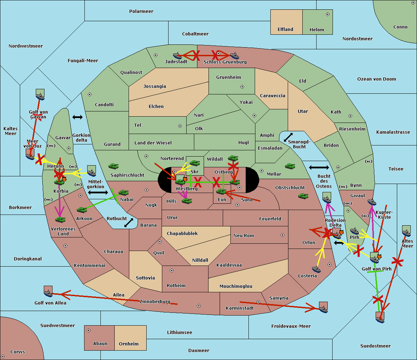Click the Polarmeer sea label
tap(141, 11)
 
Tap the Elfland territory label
tap(285, 30)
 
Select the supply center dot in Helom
tap(327, 14)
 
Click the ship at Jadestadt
tap(178, 56)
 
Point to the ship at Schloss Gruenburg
tap(235, 56)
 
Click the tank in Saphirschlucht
tap(114, 167)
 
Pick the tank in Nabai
tap(123, 193)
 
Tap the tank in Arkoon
tap(82, 210)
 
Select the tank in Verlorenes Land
tap(60, 220)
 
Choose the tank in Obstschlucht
tap(303, 196)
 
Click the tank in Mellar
tap(290, 167)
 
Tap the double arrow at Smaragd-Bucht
tap(288, 137)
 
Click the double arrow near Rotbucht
tap(129, 223)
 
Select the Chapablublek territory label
tap(182, 234)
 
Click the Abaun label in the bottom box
tap(100, 344)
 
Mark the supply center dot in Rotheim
tap(172, 270)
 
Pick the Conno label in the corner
tap(400, 27)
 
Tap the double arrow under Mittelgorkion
tap(98, 192)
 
